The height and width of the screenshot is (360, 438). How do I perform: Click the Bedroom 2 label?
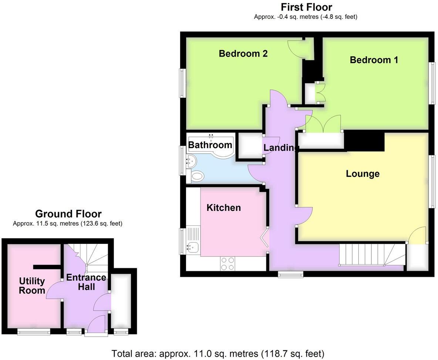click(x=243, y=54)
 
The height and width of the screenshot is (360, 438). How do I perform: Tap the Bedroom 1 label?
click(x=374, y=60)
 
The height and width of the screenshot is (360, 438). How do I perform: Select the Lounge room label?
click(x=363, y=174)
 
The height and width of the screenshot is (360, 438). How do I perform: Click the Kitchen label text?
click(x=223, y=208)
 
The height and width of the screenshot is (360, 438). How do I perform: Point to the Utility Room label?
click(x=32, y=286)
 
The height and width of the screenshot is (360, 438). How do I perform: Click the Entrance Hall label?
click(x=86, y=282)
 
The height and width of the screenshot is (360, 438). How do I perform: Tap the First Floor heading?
click(x=306, y=7)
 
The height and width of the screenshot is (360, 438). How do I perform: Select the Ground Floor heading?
click(x=68, y=213)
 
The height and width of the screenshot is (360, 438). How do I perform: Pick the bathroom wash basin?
click(x=191, y=160)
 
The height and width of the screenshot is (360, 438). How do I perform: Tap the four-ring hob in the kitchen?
click(x=228, y=263)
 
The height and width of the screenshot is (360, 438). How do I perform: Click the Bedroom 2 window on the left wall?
click(x=182, y=83)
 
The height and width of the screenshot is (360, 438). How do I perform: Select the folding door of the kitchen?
click(x=266, y=237)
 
